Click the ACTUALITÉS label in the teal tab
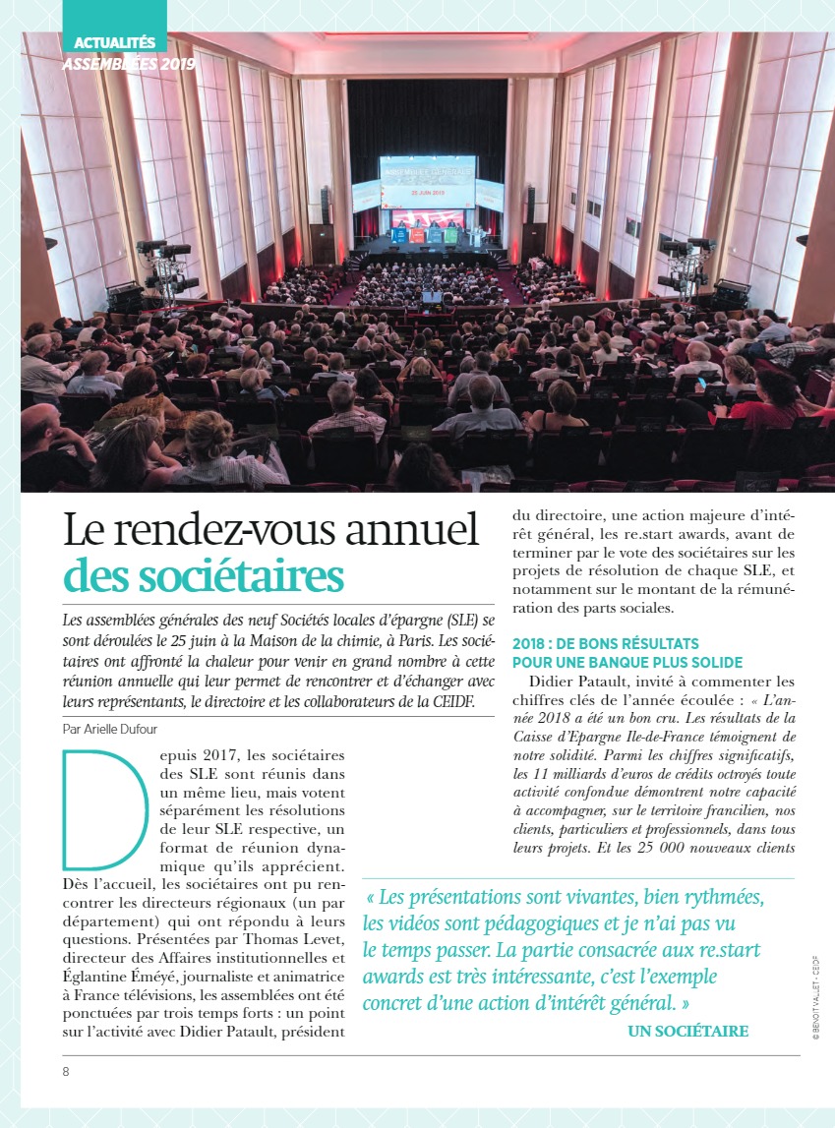click(x=115, y=43)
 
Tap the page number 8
click(x=66, y=1071)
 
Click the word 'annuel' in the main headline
click(x=418, y=531)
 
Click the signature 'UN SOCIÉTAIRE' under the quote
click(x=687, y=1031)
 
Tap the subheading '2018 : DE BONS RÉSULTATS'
click(x=606, y=644)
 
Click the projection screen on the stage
click(x=427, y=181)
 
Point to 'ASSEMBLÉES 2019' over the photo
click(x=128, y=65)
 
